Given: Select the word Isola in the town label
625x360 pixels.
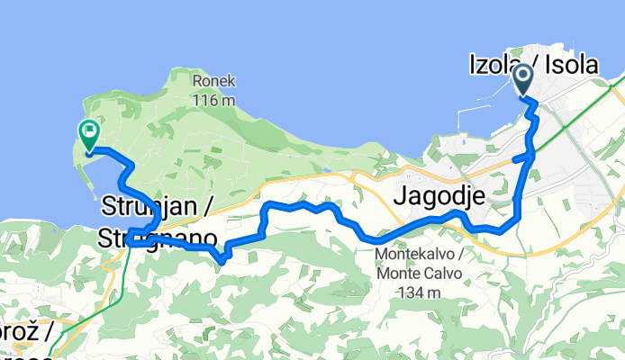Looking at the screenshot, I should [x=569, y=64].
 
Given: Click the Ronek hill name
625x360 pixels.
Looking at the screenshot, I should [x=213, y=80].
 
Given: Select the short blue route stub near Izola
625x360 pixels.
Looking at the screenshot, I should [x=521, y=158].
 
